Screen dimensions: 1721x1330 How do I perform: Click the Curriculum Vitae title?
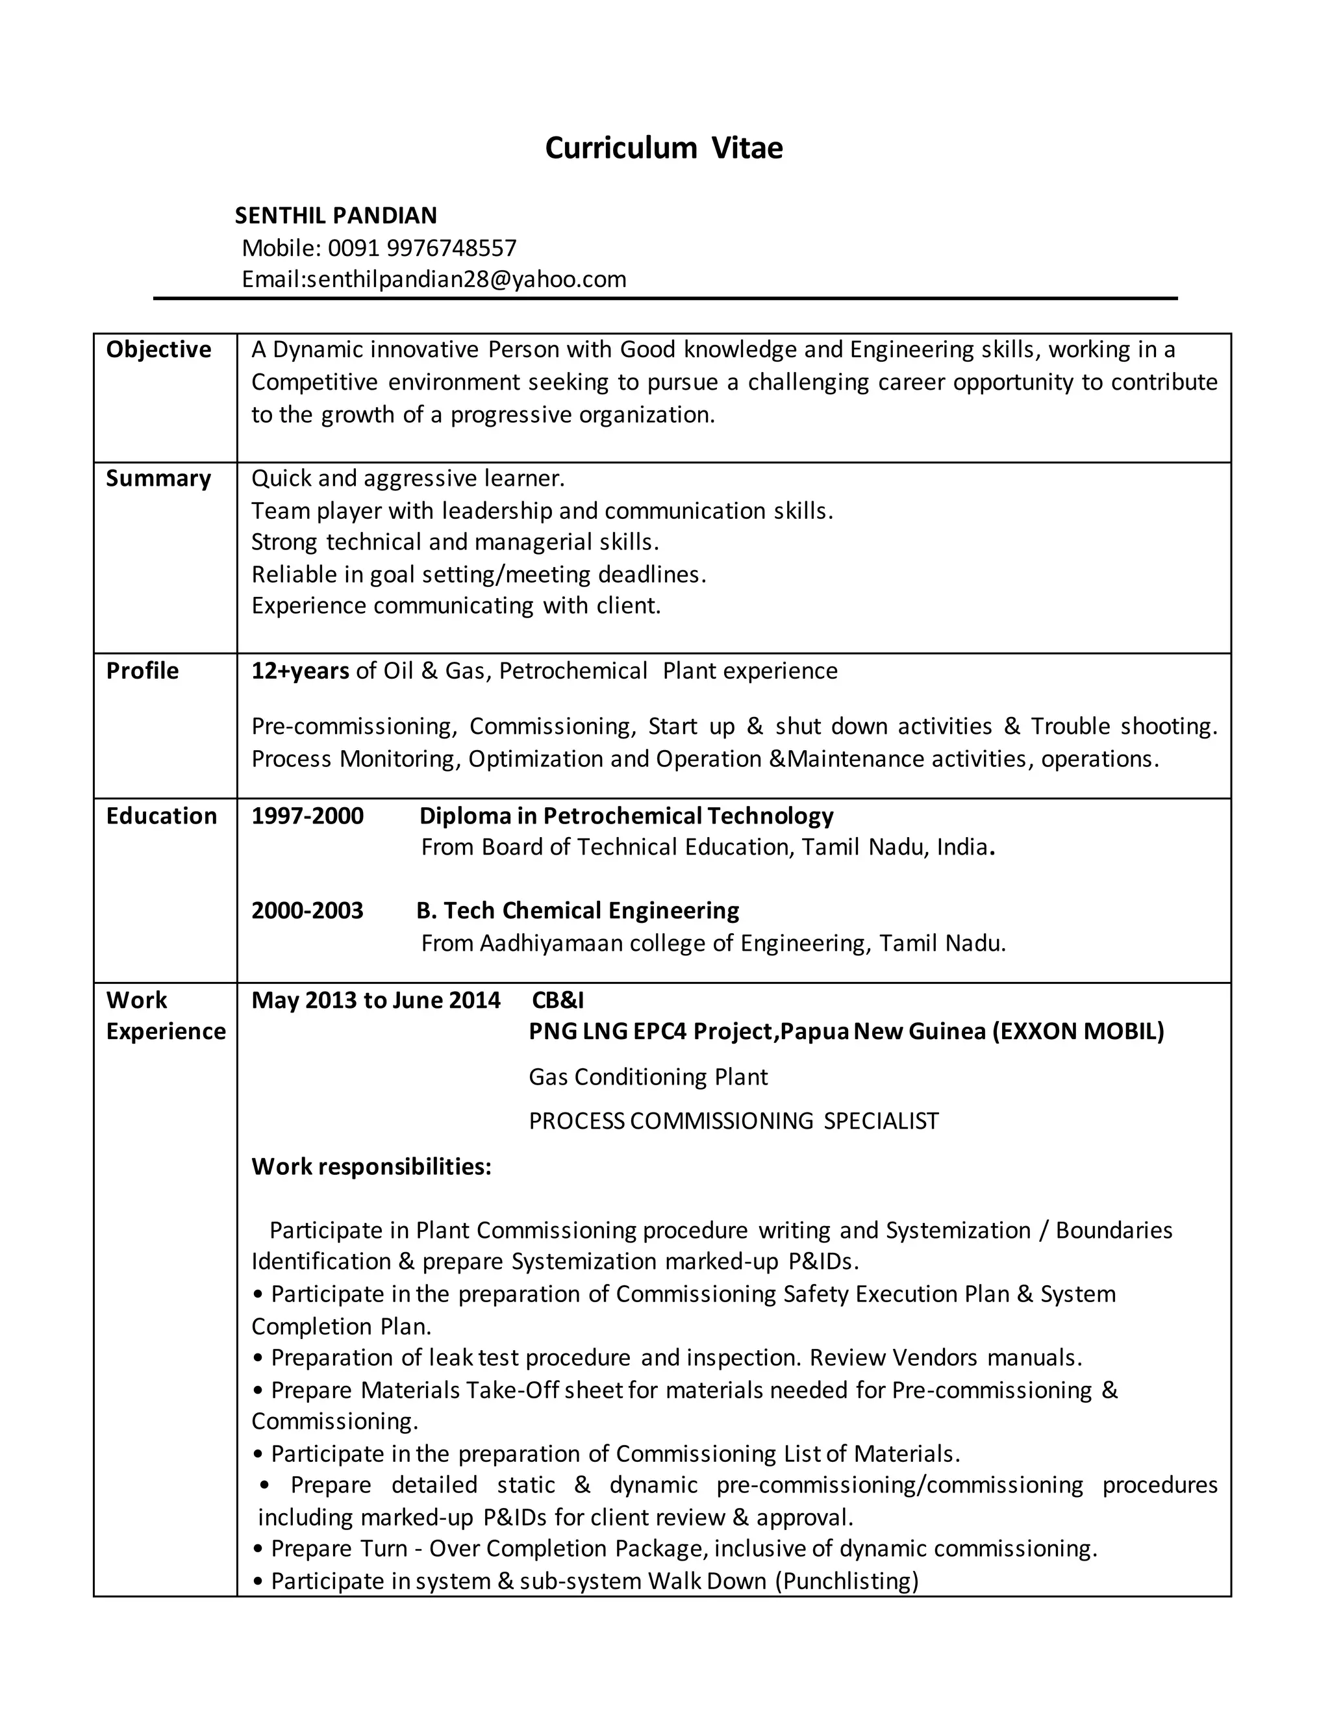(664, 148)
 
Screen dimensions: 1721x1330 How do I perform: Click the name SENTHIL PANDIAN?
(336, 215)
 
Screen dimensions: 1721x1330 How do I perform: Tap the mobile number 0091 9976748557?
(421, 248)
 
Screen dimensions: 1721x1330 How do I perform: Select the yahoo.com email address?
(466, 279)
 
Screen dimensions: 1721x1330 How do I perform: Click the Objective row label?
(158, 349)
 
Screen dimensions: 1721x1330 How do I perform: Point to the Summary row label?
(158, 479)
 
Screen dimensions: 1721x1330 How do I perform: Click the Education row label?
(162, 816)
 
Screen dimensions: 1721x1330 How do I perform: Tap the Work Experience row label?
(166, 1016)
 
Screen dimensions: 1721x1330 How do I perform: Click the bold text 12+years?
(300, 671)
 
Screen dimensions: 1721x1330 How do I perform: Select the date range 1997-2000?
(307, 816)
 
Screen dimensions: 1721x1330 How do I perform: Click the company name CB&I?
(558, 1000)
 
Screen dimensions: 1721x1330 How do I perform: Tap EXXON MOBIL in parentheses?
(1078, 1031)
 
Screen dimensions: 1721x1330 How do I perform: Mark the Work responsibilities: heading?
(371, 1166)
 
